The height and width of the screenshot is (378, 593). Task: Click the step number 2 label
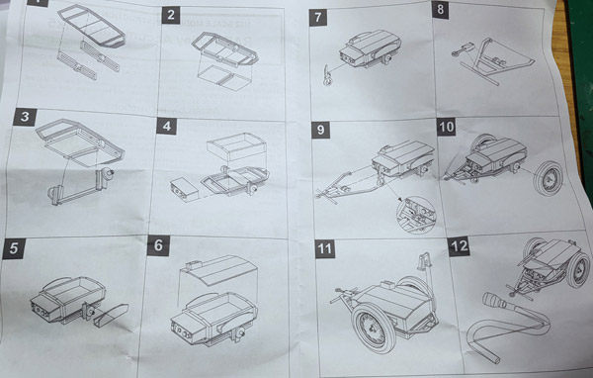(x=171, y=15)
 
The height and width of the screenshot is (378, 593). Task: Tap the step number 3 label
(x=25, y=117)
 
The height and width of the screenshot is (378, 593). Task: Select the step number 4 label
(x=166, y=126)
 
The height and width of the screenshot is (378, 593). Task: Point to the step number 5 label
(x=14, y=248)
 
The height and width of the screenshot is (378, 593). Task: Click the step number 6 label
(x=158, y=245)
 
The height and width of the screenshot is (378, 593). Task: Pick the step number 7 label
(x=317, y=18)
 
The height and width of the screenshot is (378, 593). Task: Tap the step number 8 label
(x=440, y=10)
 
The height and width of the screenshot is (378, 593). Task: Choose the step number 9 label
(x=320, y=130)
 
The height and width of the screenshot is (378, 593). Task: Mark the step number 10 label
(x=447, y=127)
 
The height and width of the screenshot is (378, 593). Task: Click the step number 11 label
(x=325, y=248)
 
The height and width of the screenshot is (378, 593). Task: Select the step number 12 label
(x=460, y=246)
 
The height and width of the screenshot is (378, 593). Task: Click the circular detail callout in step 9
(x=416, y=215)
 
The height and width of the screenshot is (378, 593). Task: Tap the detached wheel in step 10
(x=548, y=178)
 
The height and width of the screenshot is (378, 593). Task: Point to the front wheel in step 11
(x=374, y=328)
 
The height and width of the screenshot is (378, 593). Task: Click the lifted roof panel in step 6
(x=218, y=270)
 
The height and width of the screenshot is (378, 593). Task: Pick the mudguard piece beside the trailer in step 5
(x=111, y=315)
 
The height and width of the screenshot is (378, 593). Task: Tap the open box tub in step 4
(x=236, y=145)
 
